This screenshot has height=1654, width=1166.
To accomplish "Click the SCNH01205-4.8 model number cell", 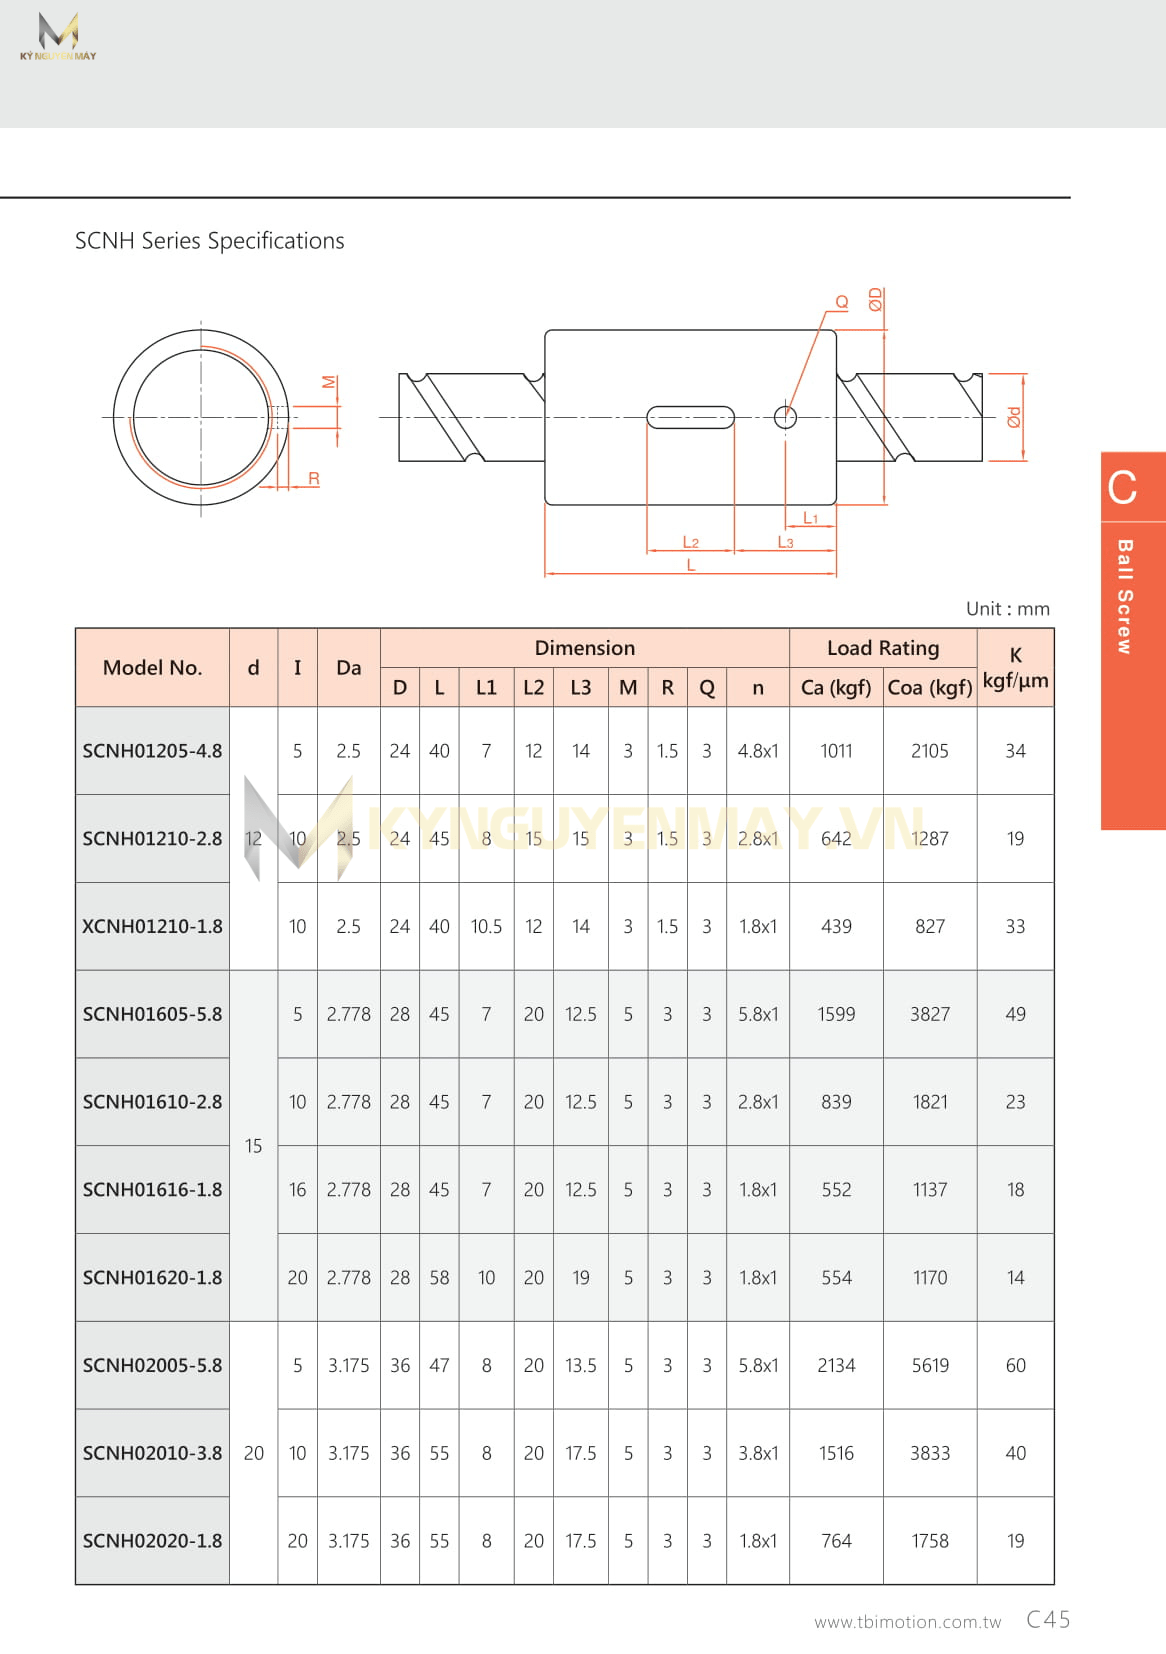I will [x=152, y=751].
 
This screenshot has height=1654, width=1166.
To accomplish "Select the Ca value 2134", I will [x=836, y=1365].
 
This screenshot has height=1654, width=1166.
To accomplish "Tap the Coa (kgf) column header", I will [x=929, y=687].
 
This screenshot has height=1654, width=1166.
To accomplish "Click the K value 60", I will [x=1015, y=1365].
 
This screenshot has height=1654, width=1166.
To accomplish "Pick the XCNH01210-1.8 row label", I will [x=152, y=926].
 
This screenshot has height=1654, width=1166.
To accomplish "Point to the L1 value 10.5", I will [x=486, y=926].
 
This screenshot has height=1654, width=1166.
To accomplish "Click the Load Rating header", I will [x=882, y=648].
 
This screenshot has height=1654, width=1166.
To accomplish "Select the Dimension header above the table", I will [x=584, y=648].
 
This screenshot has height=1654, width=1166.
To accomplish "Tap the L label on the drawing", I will [x=691, y=565].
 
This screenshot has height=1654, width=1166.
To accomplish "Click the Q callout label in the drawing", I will [x=842, y=302].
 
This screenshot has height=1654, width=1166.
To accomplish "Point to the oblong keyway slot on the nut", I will [x=690, y=417].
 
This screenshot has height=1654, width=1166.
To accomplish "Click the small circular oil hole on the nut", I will [x=786, y=417].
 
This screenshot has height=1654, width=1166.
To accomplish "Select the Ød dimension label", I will [x=1014, y=417].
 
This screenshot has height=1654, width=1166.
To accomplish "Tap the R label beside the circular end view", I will [x=314, y=479].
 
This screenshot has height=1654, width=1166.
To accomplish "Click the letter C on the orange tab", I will [x=1123, y=488].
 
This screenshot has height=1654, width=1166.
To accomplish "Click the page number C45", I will [x=1048, y=1619].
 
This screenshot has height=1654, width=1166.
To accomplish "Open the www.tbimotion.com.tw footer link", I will [x=907, y=1622].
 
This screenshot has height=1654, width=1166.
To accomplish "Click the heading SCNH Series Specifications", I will [x=210, y=241].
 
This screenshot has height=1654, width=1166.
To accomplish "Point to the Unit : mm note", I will [x=1007, y=608].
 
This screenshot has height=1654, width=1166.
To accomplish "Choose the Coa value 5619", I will [x=929, y=1365].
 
